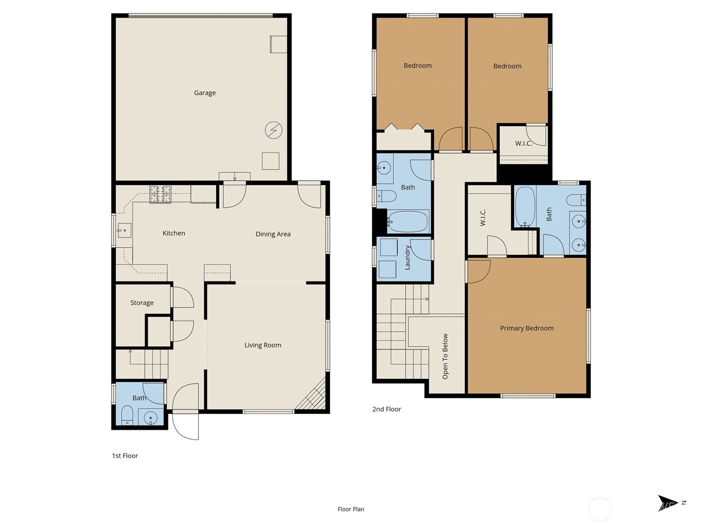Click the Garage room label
click(x=204, y=93)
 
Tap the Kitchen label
click(x=174, y=233)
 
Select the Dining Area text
click(x=273, y=234)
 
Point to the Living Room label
click(x=263, y=345)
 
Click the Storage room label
click(x=142, y=303)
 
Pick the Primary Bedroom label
click(x=526, y=328)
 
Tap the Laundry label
click(x=407, y=257)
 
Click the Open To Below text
click(x=445, y=356)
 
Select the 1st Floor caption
click(x=125, y=456)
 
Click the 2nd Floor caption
click(x=387, y=409)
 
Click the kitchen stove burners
click(x=160, y=194)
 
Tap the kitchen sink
click(x=124, y=230)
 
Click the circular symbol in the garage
click(x=273, y=130)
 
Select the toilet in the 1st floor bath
click(x=127, y=415)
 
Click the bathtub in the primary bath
click(x=524, y=206)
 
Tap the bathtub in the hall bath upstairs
click(x=408, y=222)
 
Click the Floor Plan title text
click(x=351, y=509)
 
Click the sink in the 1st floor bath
click(x=150, y=417)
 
